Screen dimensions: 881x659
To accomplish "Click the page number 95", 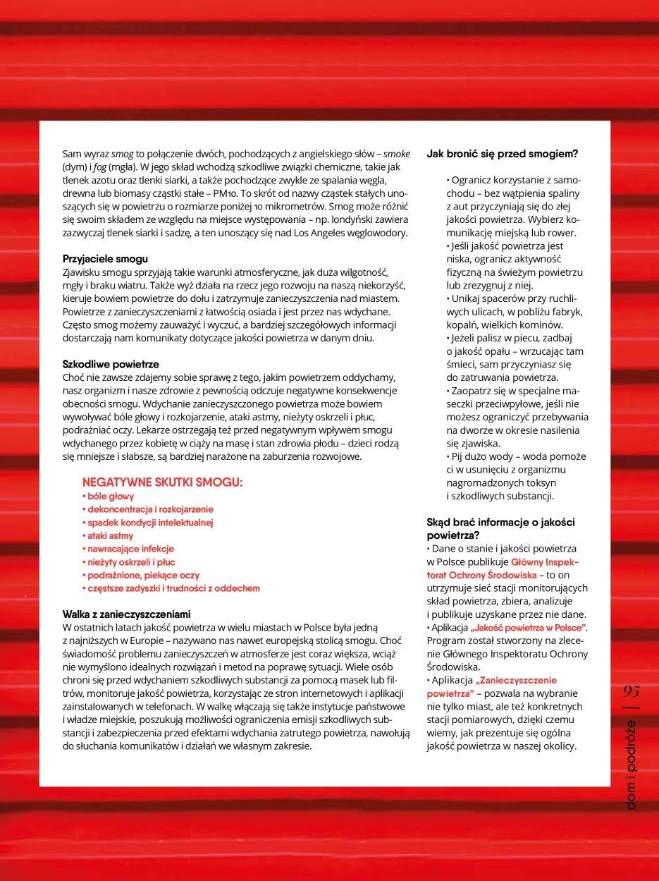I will pyautogui.click(x=631, y=693).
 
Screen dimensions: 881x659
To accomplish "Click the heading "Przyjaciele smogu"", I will pyautogui.click(x=105, y=259).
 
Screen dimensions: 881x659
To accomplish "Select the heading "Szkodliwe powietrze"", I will pyautogui.click(x=111, y=364).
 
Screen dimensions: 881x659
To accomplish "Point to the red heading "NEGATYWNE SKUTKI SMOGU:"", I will pyautogui.click(x=162, y=482).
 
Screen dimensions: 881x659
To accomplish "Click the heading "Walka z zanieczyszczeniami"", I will pyautogui.click(x=127, y=614).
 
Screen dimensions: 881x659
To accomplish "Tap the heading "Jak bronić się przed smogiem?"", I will pyautogui.click(x=503, y=153).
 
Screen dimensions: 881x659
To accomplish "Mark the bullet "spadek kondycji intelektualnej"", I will pyautogui.click(x=149, y=523).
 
